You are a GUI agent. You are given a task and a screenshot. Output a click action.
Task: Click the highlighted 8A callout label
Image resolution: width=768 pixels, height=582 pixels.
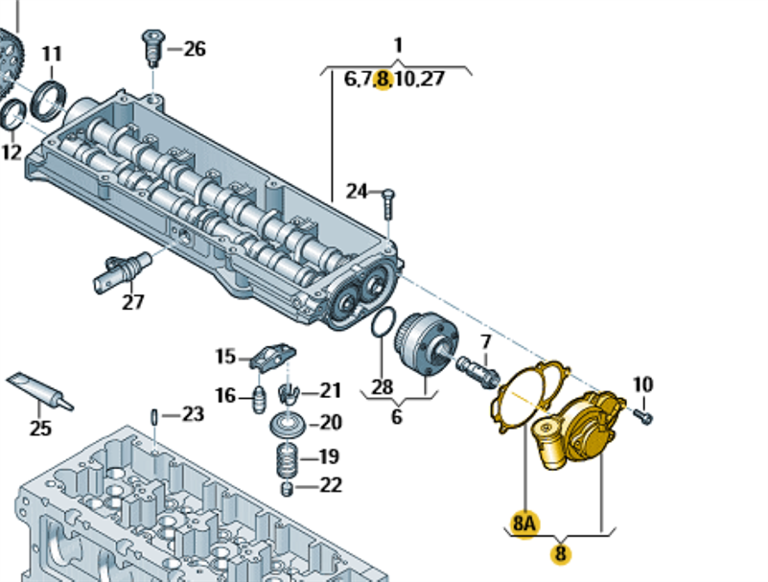[x=525, y=524]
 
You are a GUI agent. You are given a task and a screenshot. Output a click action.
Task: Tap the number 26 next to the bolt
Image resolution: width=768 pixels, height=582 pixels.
[x=195, y=48]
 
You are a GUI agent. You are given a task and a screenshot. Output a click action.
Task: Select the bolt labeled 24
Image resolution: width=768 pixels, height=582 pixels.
[x=388, y=202]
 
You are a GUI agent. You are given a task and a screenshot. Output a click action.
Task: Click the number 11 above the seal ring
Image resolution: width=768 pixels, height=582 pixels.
[x=52, y=54]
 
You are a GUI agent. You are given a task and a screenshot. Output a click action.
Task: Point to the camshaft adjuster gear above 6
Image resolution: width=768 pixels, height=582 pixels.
[x=427, y=345]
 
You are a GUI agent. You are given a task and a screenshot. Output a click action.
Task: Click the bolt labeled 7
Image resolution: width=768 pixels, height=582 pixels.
[x=476, y=368]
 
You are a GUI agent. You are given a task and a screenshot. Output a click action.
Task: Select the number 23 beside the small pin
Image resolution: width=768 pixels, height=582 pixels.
[x=194, y=414]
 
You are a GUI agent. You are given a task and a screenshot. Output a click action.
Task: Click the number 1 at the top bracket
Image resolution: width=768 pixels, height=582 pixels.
[x=398, y=44]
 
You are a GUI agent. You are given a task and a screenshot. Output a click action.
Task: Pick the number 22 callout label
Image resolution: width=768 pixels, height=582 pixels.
[x=330, y=486]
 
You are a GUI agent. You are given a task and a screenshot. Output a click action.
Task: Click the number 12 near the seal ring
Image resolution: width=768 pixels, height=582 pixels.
[x=11, y=151]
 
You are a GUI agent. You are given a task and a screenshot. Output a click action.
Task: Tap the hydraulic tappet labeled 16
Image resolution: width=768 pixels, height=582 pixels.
[x=259, y=397]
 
